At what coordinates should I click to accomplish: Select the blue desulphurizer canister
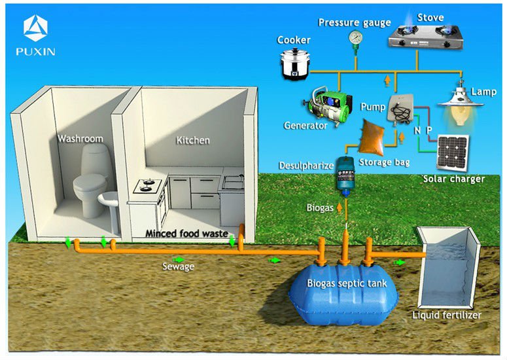tap(344, 177)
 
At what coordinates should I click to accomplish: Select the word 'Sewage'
tap(178, 266)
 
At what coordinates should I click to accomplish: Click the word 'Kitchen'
tap(193, 140)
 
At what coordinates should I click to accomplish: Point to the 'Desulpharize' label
tap(305, 164)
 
